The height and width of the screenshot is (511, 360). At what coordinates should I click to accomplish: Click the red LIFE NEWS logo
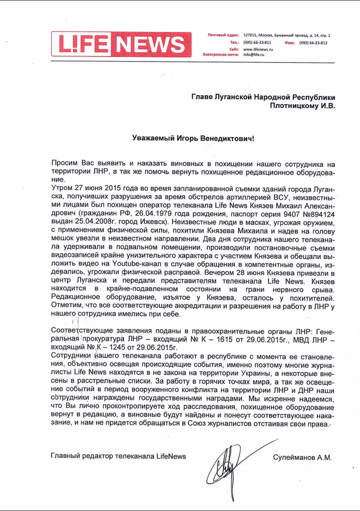[121, 44]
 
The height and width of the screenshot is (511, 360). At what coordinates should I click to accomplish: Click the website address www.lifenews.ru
[258, 50]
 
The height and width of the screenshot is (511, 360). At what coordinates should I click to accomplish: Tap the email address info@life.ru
[254, 55]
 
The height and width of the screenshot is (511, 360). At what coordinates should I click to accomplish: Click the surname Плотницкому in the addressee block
[296, 106]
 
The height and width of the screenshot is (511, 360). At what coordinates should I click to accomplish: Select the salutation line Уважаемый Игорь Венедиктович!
[193, 137]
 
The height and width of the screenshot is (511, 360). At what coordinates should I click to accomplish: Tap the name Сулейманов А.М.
[302, 457]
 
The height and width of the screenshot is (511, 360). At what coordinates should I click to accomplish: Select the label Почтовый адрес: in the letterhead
[223, 36]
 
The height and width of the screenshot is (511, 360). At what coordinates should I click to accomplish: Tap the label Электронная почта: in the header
[221, 55]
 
